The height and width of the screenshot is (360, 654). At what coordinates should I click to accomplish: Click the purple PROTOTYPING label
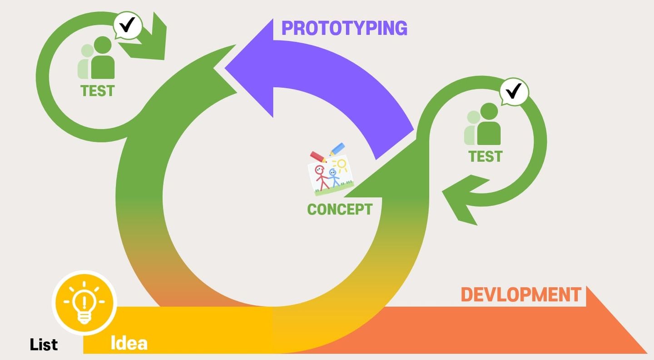coord(344,28)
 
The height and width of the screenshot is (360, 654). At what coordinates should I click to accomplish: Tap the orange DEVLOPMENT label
coord(521,295)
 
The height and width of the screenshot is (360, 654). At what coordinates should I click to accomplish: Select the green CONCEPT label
coord(340,209)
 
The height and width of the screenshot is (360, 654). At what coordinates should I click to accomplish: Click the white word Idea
coord(129,343)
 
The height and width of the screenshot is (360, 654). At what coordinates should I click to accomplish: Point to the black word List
coord(44,345)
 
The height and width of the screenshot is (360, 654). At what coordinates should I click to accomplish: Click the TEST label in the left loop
coord(97,91)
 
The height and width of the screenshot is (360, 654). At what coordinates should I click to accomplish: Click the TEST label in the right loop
coord(486,157)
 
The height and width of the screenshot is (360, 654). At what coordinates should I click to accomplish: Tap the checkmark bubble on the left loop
coord(127,26)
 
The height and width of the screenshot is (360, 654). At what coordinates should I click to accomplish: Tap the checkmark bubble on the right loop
coord(514,92)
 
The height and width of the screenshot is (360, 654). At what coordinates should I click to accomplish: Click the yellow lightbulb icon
coord(84,302)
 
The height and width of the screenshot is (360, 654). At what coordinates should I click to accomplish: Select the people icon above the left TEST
coord(96,58)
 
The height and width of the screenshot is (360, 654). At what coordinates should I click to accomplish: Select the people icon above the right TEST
coord(482,124)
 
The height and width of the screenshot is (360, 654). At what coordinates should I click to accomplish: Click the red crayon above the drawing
coord(318,157)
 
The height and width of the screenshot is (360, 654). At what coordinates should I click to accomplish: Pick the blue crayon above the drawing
coord(337,149)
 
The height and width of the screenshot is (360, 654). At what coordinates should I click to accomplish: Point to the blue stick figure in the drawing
coord(334,178)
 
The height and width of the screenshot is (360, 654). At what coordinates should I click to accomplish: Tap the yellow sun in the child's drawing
coord(341,165)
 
